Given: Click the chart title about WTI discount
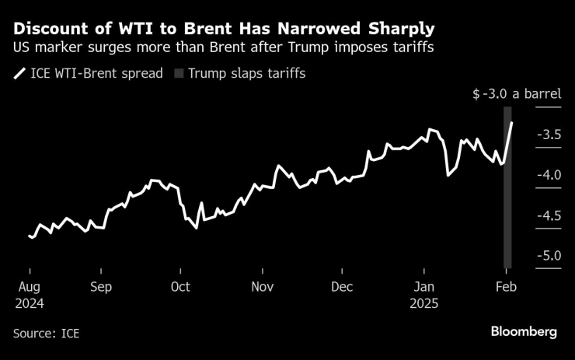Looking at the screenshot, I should (224, 29).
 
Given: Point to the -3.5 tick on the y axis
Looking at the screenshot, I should (548, 135).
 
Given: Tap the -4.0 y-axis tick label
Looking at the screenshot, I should (548, 175).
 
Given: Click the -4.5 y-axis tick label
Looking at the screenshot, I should (548, 215).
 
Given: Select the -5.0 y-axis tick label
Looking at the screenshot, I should (548, 255).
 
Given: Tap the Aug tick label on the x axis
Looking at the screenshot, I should (29, 286).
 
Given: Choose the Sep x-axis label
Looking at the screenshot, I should (100, 286).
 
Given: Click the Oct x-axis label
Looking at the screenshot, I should (179, 286).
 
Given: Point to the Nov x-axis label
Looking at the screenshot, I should (262, 286).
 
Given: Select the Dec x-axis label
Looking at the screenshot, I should (341, 286).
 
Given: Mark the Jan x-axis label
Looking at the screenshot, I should (423, 286).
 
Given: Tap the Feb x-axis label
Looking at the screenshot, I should (506, 286).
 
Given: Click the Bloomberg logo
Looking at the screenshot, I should (523, 332).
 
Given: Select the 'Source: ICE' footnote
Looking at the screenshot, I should (46, 333).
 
